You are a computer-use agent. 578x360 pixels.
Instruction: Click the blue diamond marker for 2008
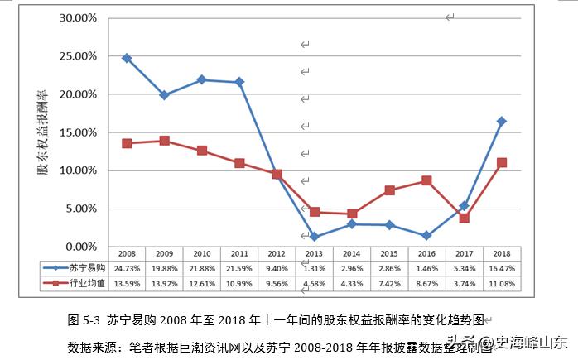coord(127,58)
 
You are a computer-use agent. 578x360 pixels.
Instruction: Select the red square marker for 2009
coord(164,141)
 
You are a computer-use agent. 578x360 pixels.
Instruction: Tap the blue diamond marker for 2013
coord(315,237)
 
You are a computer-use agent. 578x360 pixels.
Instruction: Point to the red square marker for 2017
coord(465,218)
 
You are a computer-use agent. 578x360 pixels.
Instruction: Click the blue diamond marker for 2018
coord(502,122)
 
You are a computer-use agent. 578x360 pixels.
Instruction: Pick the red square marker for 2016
coord(426,180)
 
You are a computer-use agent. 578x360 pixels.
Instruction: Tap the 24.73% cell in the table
coord(127,268)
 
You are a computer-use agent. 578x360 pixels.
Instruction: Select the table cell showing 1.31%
coord(315,268)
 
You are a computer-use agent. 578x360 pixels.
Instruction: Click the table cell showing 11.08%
coord(502,284)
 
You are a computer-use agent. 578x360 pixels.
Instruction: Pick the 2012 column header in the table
coord(277,253)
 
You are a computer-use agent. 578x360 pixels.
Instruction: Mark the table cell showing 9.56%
coord(277,284)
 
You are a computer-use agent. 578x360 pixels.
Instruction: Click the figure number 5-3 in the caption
coord(91,319)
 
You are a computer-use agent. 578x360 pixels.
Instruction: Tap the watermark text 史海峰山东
coord(531,342)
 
